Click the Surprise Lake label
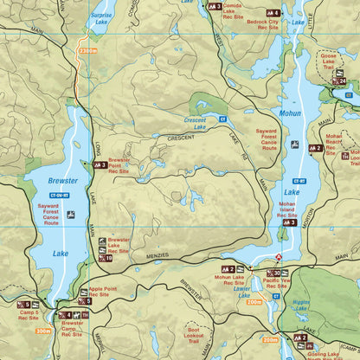[100, 17]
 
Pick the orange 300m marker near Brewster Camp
[44, 330]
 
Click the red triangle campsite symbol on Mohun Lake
[279, 257]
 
